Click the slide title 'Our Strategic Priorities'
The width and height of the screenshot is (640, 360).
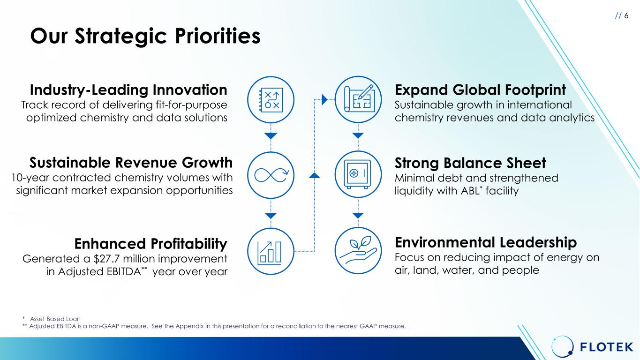point(145,36)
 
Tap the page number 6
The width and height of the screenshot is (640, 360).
point(626,15)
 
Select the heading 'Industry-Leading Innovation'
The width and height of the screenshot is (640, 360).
point(128,90)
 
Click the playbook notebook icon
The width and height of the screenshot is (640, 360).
point(271,100)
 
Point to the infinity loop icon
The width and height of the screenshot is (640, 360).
point(271,175)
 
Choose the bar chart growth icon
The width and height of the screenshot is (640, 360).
point(269,253)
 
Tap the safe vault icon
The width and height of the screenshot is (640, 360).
point(357,174)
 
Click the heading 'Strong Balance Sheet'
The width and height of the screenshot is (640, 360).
point(470,163)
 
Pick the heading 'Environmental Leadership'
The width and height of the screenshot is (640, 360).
point(486,242)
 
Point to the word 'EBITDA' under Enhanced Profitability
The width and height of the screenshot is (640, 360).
point(124,271)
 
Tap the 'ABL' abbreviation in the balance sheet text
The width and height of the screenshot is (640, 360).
point(470,191)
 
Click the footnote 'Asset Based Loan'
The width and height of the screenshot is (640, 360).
point(55,319)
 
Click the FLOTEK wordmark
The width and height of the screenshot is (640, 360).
point(607,347)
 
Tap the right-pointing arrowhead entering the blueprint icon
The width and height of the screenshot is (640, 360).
point(324,99)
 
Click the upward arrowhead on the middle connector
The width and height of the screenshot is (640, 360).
point(314,175)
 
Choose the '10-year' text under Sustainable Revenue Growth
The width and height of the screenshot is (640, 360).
point(30,178)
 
